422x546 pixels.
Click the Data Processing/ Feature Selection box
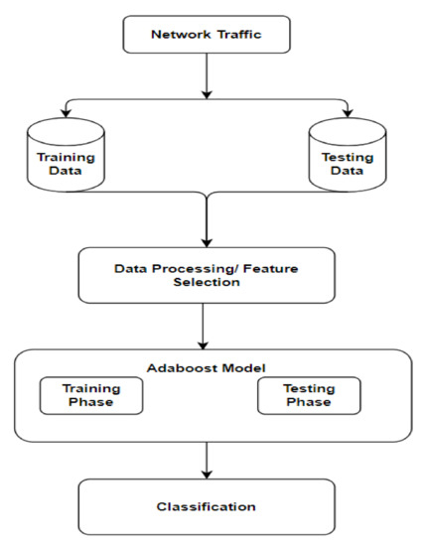click(x=205, y=275)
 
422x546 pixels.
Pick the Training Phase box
click(x=90, y=396)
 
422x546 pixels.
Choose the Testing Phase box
click(x=309, y=396)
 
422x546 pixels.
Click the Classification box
click(x=205, y=506)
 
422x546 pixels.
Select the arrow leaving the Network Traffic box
click(x=205, y=74)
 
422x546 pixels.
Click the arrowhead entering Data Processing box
click(x=205, y=241)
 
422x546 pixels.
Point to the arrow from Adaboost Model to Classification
click(x=205, y=459)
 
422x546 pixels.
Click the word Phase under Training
click(x=90, y=404)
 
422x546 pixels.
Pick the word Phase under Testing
click(x=309, y=404)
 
